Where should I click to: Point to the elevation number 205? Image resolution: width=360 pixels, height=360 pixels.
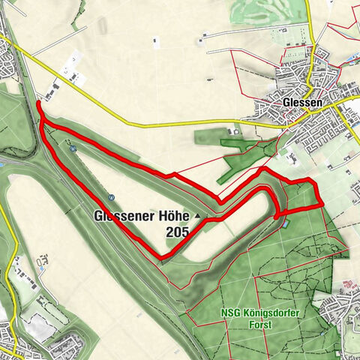(x=178, y=233)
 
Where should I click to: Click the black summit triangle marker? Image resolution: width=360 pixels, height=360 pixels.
(x=198, y=217)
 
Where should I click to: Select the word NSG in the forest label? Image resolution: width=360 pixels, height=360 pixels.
(x=232, y=313)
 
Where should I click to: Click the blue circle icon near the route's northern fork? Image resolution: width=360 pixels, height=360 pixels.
(x=73, y=148)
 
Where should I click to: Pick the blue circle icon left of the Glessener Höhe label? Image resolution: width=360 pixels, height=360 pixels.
(x=111, y=198)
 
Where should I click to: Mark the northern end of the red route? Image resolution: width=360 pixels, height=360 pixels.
(x=37, y=101)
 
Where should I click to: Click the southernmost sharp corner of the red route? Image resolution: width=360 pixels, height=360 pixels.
(x=160, y=259)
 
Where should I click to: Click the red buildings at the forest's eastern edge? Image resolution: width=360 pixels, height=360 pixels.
(x=346, y=286)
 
